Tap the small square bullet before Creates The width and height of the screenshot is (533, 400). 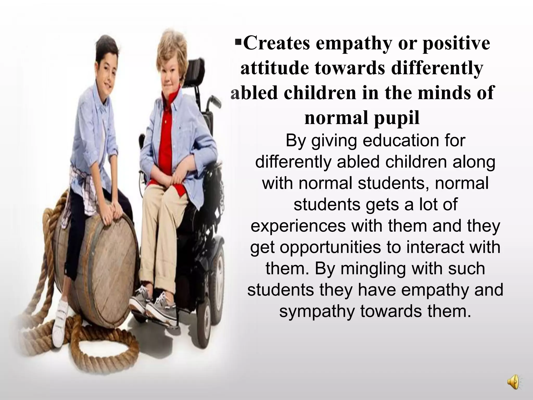tap(238, 41)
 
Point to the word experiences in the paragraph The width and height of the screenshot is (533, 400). tap(298, 226)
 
